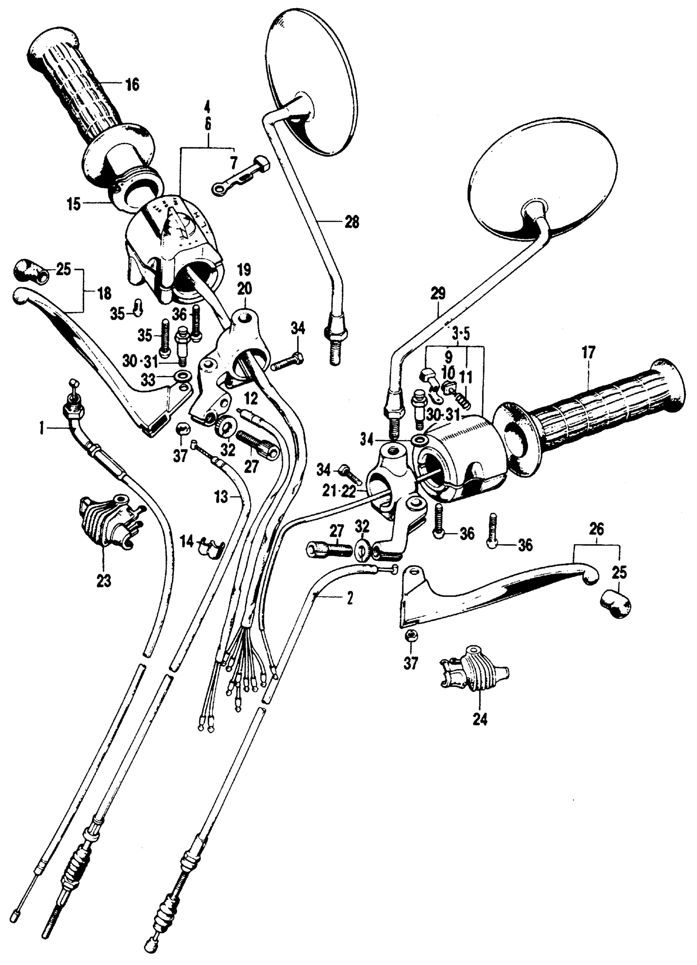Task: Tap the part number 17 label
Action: pyautogui.click(x=589, y=353)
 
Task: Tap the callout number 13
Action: pyautogui.click(x=221, y=497)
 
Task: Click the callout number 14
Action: pyautogui.click(x=187, y=542)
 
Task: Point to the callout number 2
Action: pyautogui.click(x=350, y=599)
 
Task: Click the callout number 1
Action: pyautogui.click(x=42, y=429)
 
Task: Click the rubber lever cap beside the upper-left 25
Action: pyautogui.click(x=32, y=269)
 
